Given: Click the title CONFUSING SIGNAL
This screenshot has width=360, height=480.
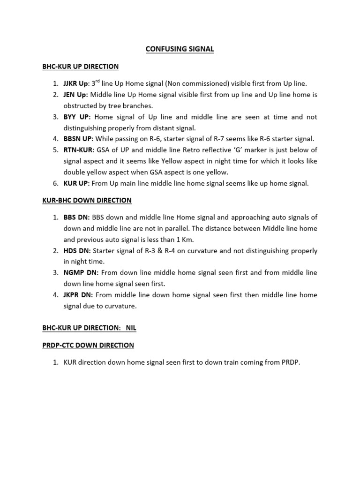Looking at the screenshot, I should (x=180, y=49).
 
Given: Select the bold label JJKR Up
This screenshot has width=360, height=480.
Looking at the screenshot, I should (x=75, y=83).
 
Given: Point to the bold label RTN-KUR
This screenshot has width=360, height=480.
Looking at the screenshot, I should (x=78, y=150).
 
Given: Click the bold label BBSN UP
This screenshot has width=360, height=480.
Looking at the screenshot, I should (x=79, y=139).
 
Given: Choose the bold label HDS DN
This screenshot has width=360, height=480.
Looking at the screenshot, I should (x=76, y=251).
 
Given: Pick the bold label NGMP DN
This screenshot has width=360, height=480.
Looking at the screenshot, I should (x=80, y=272).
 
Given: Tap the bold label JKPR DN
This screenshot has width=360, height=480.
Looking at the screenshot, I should (x=78, y=295).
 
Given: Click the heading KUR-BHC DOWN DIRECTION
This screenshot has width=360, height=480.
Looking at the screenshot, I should (x=87, y=200).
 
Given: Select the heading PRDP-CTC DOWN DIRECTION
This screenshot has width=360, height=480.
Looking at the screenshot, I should (x=88, y=345).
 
